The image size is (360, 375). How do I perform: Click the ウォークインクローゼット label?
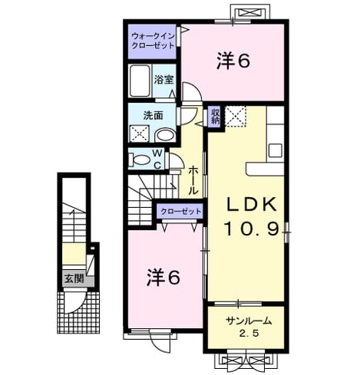coord(153,41)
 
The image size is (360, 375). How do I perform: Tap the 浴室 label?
coord(164,80)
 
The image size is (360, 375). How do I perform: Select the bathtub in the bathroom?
coord(140,81)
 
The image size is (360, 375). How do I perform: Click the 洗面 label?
coord(153,116)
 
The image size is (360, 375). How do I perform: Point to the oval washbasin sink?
coord(165,135)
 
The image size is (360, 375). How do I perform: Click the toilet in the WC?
coord(140,160)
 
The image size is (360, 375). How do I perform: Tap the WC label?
coord(157,160)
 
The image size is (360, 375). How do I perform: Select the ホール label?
coord(193,180)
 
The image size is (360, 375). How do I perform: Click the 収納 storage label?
coord(216,117)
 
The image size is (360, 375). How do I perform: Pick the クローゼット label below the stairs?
coord(180,212)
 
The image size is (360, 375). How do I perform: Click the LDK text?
coord(252,205)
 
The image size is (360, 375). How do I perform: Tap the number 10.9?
coord(252,228)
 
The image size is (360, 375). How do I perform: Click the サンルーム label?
coord(249,321)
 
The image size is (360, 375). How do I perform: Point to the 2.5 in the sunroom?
coord(249,333)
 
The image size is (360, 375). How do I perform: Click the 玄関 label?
coord(74,278)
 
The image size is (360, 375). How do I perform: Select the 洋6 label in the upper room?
coord(233,61)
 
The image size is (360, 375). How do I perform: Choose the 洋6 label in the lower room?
coord(163,278)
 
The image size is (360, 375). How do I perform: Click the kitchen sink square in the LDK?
coord(276,150)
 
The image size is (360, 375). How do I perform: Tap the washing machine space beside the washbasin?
coord(139,133)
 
